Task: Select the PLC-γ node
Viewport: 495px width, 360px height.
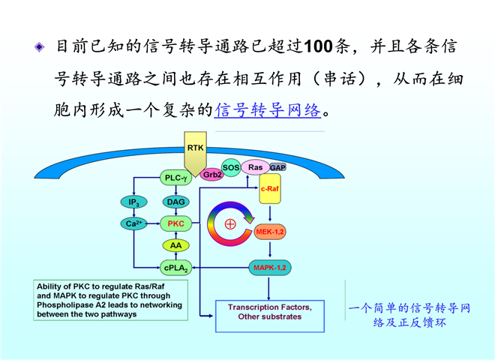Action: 176,178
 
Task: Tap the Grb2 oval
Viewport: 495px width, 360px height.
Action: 212,174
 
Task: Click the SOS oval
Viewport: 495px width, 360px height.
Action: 231,166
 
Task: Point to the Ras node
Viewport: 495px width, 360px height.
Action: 255,166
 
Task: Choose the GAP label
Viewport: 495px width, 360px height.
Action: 277,167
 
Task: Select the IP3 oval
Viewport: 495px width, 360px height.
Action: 133,202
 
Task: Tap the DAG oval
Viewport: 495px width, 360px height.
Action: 175,202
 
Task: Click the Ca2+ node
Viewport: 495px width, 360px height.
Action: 133,223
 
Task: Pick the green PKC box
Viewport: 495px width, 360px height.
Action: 175,223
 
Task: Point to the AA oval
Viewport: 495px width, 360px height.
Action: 175,245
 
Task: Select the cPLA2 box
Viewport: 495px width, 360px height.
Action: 175,266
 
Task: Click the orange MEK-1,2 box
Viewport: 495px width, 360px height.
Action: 269,232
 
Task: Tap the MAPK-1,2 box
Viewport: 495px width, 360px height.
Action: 269,268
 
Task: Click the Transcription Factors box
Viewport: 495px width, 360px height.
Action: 270,312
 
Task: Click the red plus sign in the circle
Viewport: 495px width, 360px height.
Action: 230,223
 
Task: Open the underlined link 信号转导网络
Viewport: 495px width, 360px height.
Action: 268,110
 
